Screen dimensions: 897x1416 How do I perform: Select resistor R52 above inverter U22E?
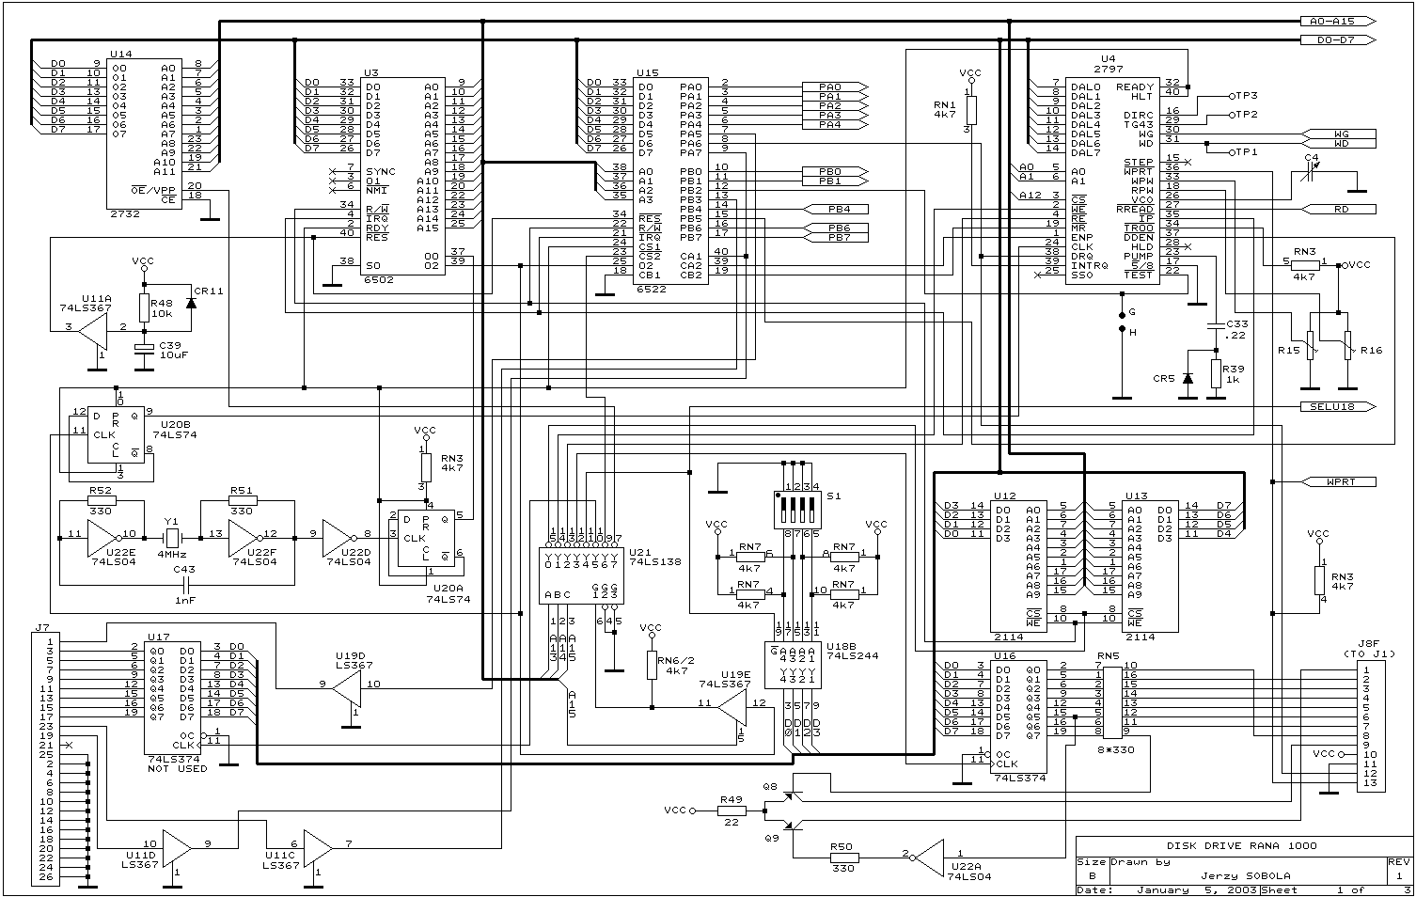101,500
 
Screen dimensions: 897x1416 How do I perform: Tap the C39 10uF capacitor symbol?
144,349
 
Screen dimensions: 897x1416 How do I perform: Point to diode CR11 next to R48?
192,302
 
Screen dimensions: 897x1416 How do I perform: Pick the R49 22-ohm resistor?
732,810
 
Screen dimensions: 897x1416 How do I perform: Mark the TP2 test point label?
1245,115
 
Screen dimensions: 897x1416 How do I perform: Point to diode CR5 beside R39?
1187,378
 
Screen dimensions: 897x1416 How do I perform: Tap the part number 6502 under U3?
379,279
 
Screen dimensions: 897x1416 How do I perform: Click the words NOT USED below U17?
178,769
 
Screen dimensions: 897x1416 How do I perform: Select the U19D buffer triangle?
345,685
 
